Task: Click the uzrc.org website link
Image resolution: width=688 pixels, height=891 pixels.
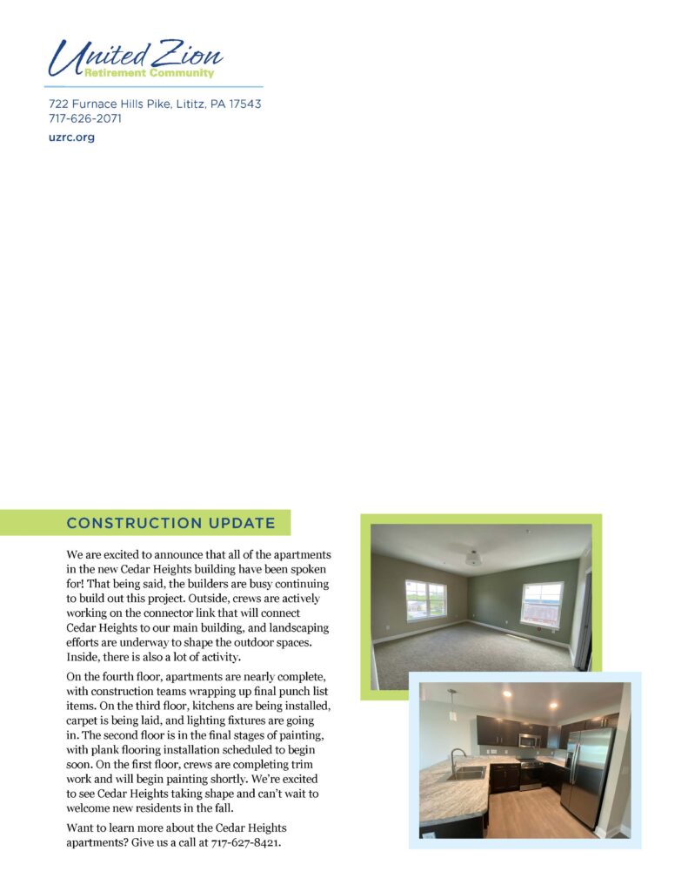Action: click(71, 137)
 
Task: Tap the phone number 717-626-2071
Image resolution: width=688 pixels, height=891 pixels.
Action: click(84, 118)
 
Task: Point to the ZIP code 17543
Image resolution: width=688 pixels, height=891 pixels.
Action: click(244, 104)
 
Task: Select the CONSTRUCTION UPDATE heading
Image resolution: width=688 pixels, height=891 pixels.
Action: click(170, 523)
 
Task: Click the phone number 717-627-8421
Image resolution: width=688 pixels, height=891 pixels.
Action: click(246, 842)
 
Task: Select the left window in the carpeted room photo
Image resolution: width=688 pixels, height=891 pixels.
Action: click(425, 600)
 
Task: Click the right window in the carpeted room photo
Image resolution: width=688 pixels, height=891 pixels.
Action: click(542, 604)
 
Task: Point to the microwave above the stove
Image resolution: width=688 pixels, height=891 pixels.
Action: click(529, 740)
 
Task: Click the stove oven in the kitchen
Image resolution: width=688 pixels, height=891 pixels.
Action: click(531, 774)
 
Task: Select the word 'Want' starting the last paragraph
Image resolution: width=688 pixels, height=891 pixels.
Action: click(81, 827)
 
